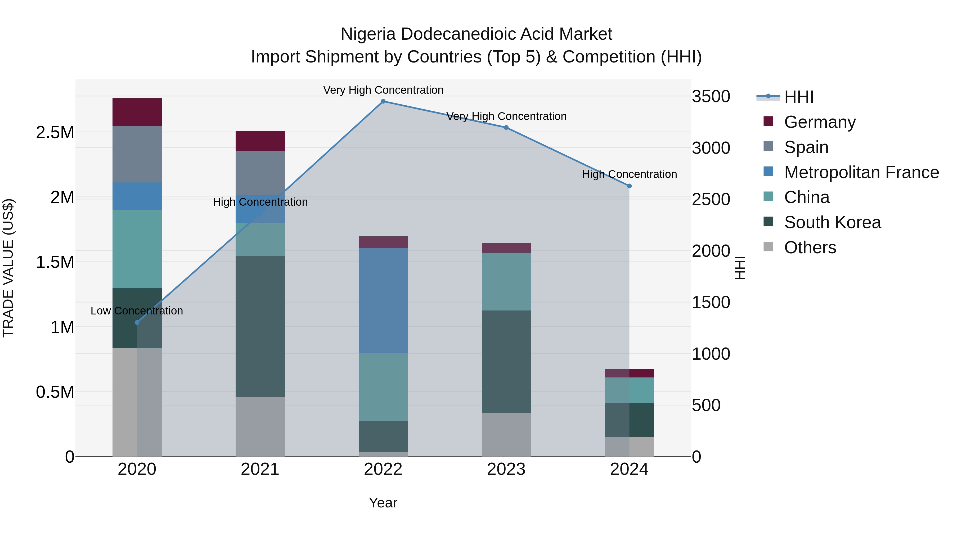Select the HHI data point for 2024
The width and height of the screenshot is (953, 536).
point(629,186)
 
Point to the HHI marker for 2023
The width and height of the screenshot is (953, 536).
point(506,127)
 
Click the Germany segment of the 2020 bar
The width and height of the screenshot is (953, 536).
point(137,112)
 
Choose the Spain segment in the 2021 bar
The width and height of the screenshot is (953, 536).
point(260,173)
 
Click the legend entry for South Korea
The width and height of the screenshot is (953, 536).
point(832,222)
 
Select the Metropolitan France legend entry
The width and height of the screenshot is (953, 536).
point(861,172)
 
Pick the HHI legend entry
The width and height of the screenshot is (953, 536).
point(798,97)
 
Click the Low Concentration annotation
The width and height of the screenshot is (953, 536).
point(137,310)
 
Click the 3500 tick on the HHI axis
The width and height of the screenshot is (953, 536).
point(711,97)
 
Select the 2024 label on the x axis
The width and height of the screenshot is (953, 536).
point(629,469)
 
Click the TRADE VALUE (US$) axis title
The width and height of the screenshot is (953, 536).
point(8,268)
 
